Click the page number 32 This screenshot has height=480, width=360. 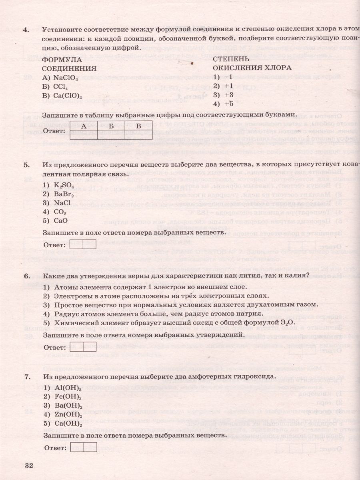click(29, 465)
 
